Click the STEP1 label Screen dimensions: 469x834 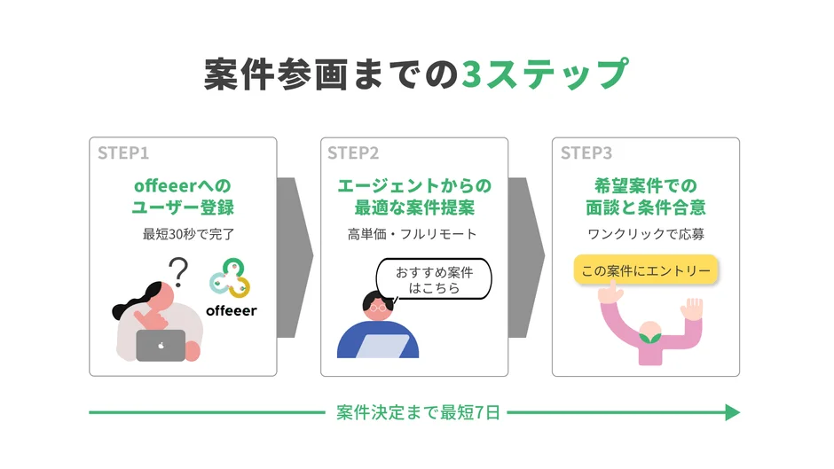coord(123,153)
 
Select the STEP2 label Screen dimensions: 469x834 coord(353,153)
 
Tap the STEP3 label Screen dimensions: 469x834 coord(586,153)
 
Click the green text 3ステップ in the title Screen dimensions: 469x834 coord(545,75)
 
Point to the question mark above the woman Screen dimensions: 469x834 coord(180,270)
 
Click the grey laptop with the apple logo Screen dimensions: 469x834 coord(161,345)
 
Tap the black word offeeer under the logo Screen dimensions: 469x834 coord(231,310)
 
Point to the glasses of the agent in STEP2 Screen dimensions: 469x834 coord(378,307)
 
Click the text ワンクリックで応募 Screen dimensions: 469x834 coord(645,235)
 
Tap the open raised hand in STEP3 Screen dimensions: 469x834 coord(692,310)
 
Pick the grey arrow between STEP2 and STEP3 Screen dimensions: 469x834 coord(526,257)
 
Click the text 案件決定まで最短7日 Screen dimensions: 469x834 coord(418,412)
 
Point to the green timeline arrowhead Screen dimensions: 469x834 coord(732,412)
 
